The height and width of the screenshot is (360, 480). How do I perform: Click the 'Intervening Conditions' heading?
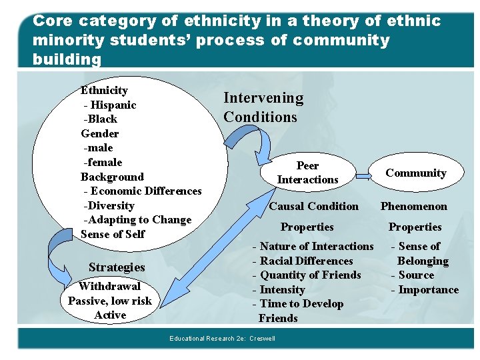coord(263,107)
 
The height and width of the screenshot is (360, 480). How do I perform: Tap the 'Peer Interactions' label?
coord(307,173)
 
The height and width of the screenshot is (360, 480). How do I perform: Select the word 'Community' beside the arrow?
coord(415,173)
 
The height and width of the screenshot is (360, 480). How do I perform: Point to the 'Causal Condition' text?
coord(313,207)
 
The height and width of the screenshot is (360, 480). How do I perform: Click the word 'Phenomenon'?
coord(413,207)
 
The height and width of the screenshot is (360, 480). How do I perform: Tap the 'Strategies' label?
coord(117,267)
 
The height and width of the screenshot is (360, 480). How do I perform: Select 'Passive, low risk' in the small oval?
coord(110,301)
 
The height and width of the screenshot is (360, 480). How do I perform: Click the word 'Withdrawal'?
coord(109,287)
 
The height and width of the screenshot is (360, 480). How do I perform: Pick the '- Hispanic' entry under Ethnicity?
coord(110,105)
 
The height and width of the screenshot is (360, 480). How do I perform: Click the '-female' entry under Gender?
coord(103,162)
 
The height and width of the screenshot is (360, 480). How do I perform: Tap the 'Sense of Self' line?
coord(113,234)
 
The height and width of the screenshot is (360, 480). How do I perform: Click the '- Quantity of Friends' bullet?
coord(306,275)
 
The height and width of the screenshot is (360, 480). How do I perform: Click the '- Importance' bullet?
coord(425,290)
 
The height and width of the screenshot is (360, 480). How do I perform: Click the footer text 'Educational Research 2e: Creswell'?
coord(222,339)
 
